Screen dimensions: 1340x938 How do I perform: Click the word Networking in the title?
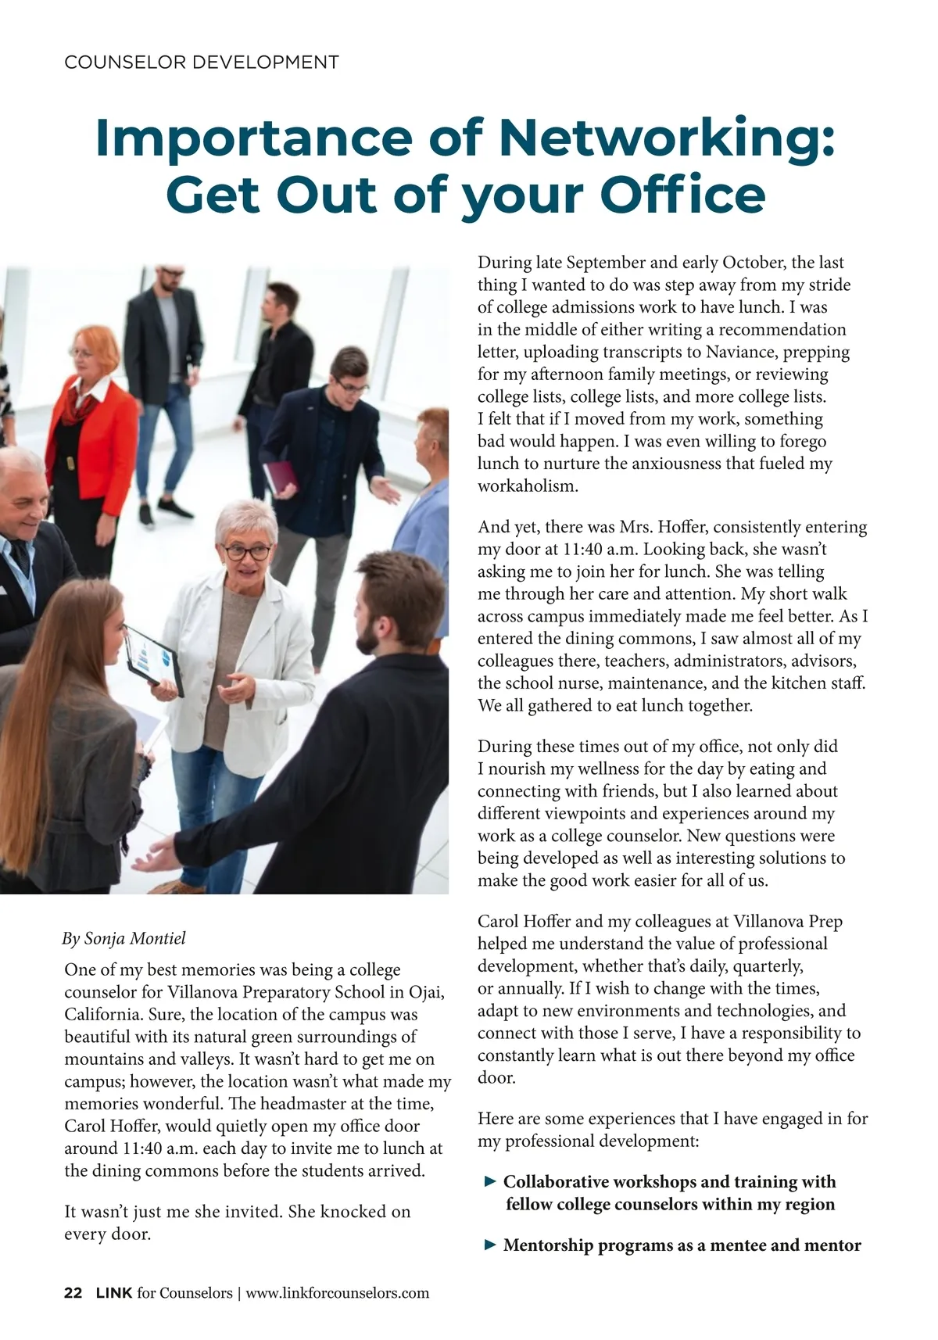(x=667, y=137)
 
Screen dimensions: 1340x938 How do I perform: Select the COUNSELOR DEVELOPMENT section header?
(x=202, y=63)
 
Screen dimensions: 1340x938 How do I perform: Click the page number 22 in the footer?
(x=73, y=1292)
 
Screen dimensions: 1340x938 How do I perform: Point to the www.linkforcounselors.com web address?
(x=338, y=1292)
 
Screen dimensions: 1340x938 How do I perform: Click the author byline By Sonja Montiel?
(x=124, y=938)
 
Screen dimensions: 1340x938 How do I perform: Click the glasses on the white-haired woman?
(x=247, y=551)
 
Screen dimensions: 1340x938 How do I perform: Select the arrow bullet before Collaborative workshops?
(x=490, y=1181)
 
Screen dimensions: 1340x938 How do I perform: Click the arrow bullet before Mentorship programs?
(x=490, y=1245)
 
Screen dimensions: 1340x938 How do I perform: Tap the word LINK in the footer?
(x=113, y=1292)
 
